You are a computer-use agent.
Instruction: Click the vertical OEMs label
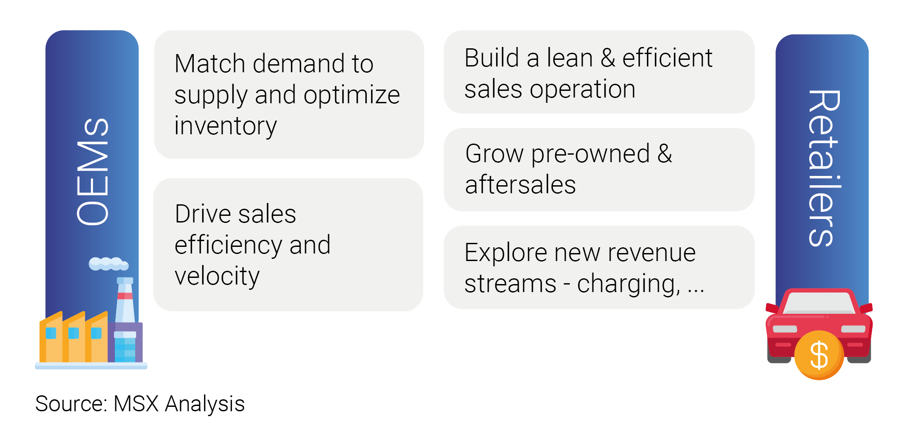tap(93, 172)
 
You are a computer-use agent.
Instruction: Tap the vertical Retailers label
tap(824, 168)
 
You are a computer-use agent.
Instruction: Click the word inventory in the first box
tap(226, 126)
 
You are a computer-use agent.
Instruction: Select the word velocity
tap(217, 277)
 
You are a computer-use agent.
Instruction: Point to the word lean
tap(570, 58)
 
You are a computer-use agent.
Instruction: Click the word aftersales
tap(521, 184)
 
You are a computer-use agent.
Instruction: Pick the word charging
tap(628, 284)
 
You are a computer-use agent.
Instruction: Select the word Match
tap(210, 63)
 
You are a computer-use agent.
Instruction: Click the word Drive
tap(203, 214)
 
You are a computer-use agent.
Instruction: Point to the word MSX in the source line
tap(136, 404)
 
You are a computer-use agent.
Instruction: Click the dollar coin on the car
tap(819, 355)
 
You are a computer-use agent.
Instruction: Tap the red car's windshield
tap(819, 303)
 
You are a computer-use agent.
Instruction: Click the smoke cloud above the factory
tap(109, 264)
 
